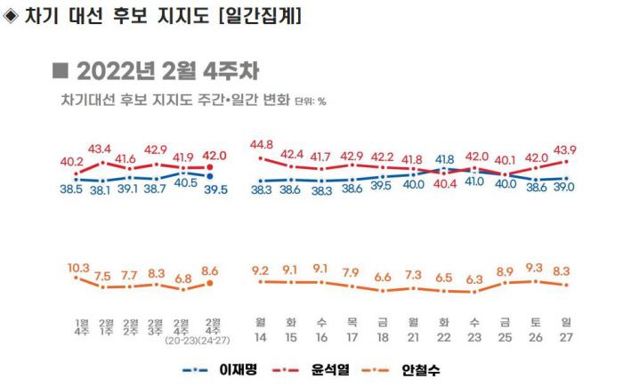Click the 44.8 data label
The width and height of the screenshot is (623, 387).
[261, 146]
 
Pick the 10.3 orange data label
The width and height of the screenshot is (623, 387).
[79, 267]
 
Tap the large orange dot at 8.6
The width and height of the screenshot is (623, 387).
[210, 283]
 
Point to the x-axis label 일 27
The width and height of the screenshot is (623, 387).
[565, 328]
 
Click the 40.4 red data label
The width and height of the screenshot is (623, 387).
[443, 184]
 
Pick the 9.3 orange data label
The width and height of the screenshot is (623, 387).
[534, 267]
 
